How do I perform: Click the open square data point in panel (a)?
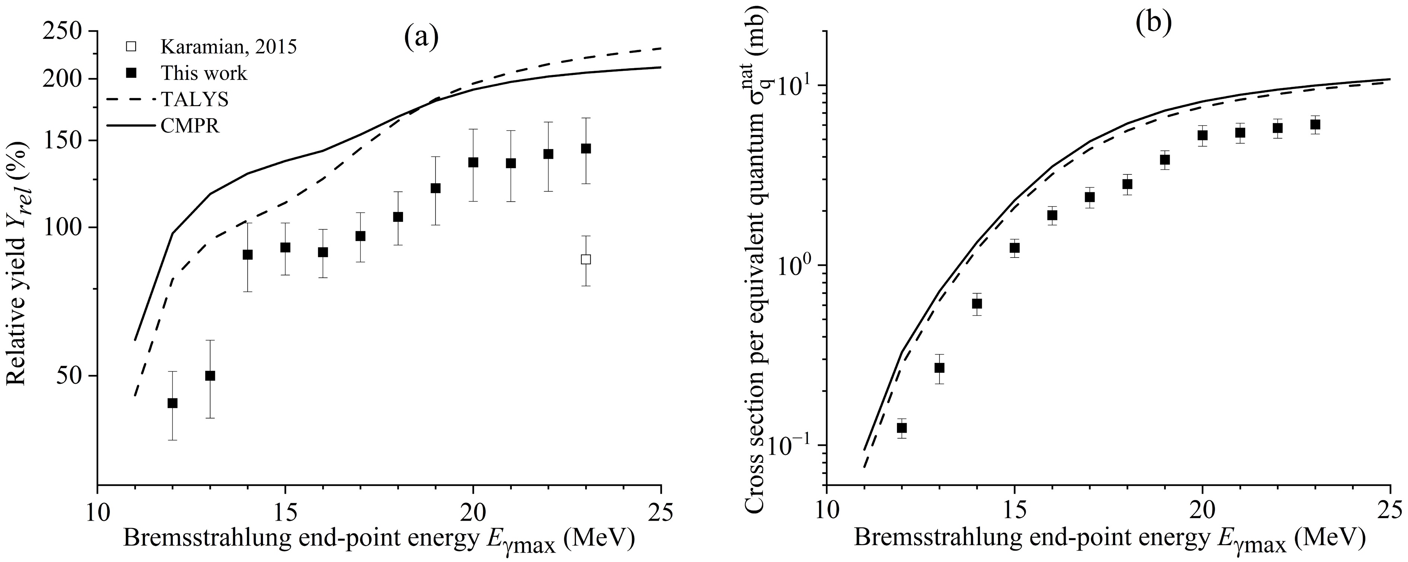pos(586,259)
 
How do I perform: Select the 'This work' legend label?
pos(204,73)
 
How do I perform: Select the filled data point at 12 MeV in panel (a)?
pos(172,403)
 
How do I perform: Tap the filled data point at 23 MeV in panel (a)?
pos(586,148)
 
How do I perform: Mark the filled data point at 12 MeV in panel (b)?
pos(902,427)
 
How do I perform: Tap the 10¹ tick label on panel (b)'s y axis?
pos(797,86)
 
